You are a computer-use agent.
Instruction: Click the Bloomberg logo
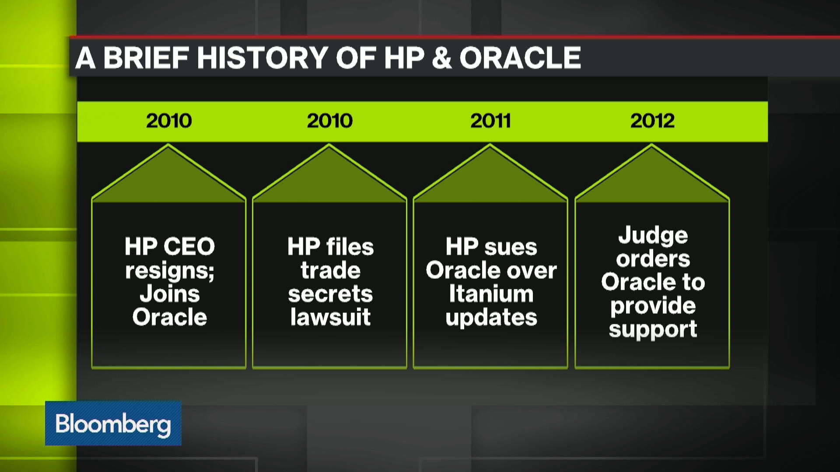(x=113, y=423)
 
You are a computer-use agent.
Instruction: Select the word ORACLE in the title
(x=520, y=58)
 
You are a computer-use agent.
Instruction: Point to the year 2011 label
(x=490, y=121)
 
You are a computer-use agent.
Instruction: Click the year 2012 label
(x=652, y=121)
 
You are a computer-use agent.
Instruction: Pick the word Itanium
(x=491, y=294)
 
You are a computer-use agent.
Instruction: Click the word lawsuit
(x=330, y=317)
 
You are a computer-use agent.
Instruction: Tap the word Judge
(x=653, y=236)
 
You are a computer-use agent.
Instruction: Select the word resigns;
(x=170, y=271)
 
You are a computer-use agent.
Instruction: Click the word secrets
(x=330, y=294)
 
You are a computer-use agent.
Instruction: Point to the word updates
(x=491, y=318)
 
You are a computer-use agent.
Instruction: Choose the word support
(x=653, y=330)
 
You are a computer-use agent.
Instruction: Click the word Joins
(x=170, y=294)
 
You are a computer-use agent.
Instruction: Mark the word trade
(x=330, y=270)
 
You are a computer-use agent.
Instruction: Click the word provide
(x=653, y=306)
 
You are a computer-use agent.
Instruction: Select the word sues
(x=511, y=247)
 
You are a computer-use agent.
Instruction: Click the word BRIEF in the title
(x=146, y=58)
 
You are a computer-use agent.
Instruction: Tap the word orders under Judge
(x=653, y=259)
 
